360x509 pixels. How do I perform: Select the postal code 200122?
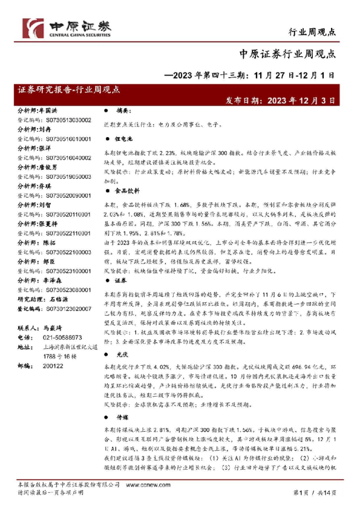(x=50, y=366)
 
